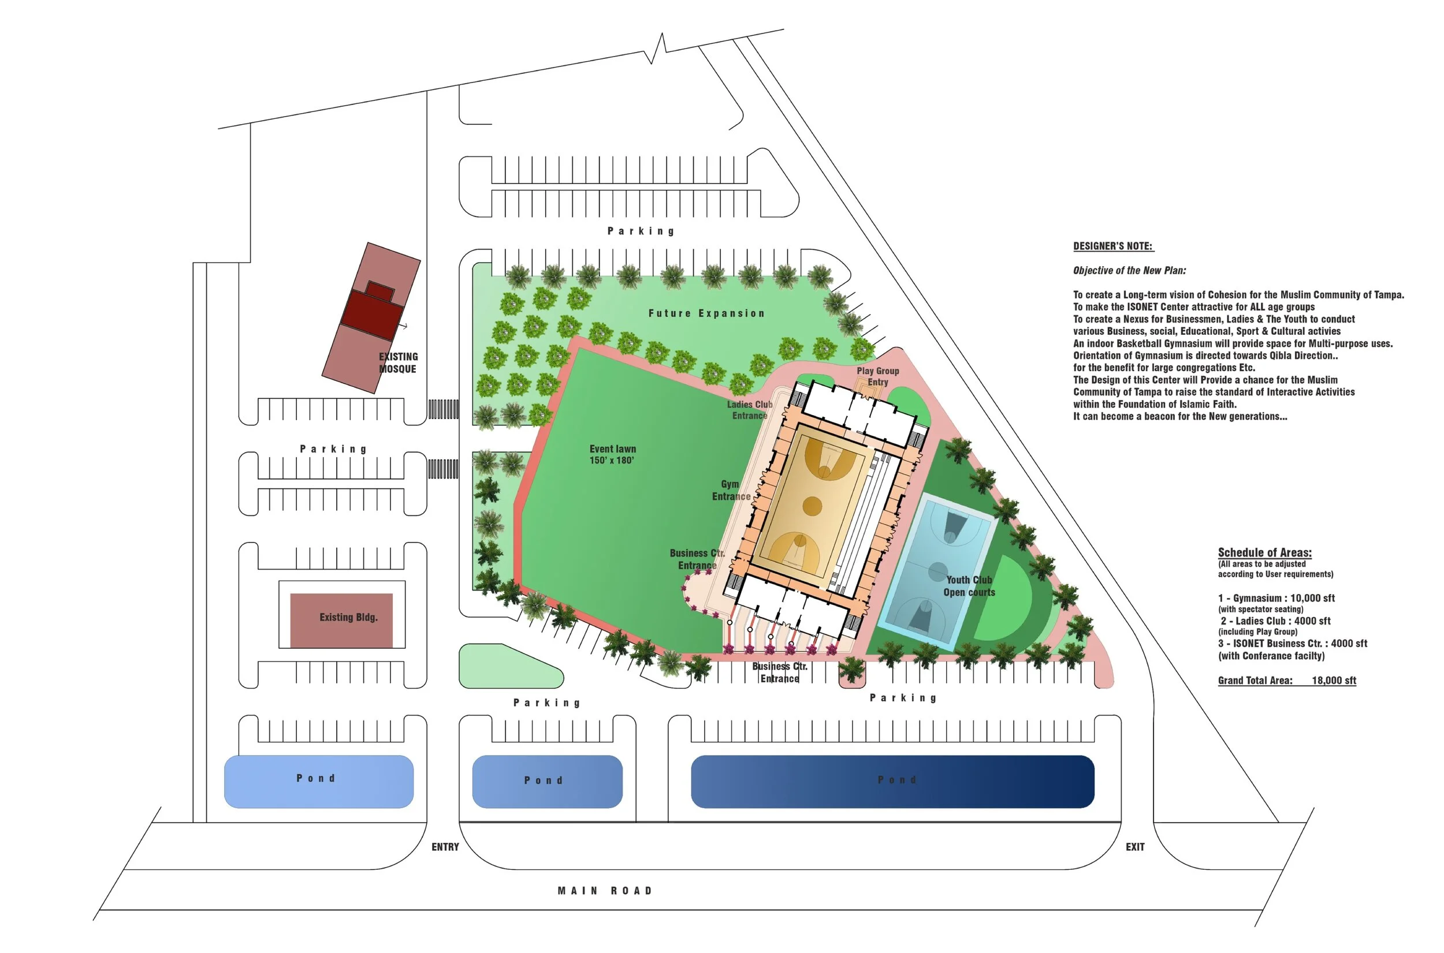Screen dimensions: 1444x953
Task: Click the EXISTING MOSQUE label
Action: pyautogui.click(x=397, y=363)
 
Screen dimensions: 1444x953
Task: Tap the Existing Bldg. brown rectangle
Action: pyautogui.click(x=341, y=620)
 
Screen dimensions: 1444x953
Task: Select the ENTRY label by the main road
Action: pyautogui.click(x=445, y=847)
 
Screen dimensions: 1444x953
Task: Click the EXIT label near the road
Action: pyautogui.click(x=1134, y=847)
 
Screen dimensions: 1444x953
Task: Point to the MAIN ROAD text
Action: pyautogui.click(x=604, y=891)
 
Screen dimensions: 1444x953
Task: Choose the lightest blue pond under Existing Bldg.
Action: pyautogui.click(x=319, y=782)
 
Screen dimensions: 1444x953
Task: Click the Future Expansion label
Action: pyautogui.click(x=706, y=313)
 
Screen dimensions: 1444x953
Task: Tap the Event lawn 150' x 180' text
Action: pyautogui.click(x=612, y=454)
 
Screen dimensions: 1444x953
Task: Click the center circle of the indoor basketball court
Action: pyautogui.click(x=812, y=505)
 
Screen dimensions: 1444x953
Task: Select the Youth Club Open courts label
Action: pyautogui.click(x=969, y=586)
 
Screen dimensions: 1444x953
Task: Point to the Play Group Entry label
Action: pyautogui.click(x=877, y=376)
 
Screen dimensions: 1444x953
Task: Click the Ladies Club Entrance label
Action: pyautogui.click(x=750, y=410)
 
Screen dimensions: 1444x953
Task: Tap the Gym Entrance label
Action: pyautogui.click(x=731, y=490)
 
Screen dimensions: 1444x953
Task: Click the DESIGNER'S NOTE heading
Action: pyautogui.click(x=1112, y=246)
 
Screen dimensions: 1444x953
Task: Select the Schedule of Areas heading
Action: pyautogui.click(x=1264, y=552)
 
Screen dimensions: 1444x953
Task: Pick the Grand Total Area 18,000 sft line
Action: pyautogui.click(x=1286, y=680)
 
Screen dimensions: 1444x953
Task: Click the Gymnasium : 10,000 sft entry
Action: pyautogui.click(x=1276, y=598)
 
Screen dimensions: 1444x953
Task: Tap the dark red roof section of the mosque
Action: pyautogui.click(x=372, y=314)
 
